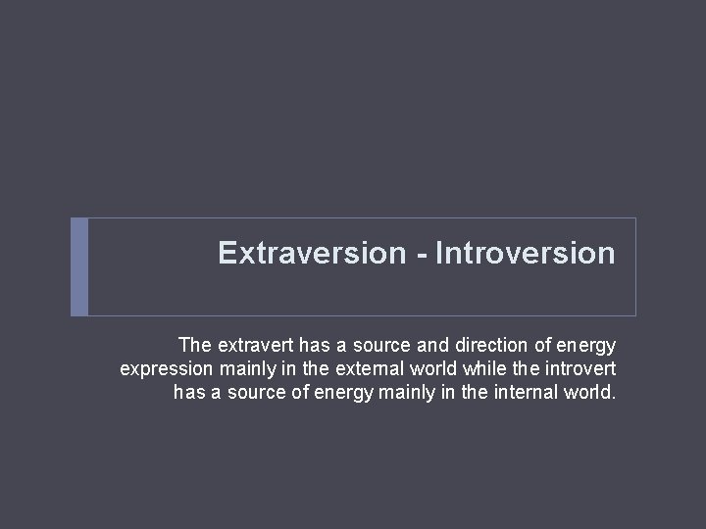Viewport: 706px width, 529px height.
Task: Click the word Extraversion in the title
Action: tap(311, 254)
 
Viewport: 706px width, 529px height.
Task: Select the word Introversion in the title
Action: tap(526, 254)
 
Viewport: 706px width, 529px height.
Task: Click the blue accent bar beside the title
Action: tap(79, 266)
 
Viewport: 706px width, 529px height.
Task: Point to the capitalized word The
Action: tap(195, 346)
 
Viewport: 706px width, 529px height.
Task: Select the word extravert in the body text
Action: tap(253, 346)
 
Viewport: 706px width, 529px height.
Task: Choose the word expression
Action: tap(165, 369)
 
